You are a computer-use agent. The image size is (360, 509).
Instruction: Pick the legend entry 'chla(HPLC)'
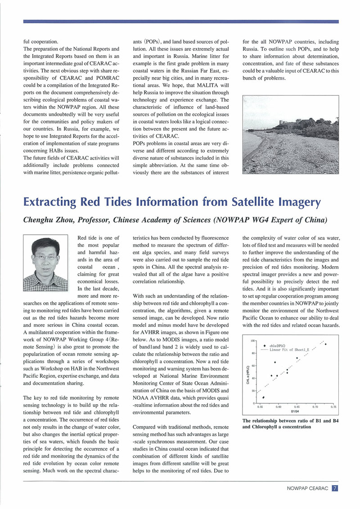click(279, 345)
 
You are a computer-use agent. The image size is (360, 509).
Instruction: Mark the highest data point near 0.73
click(325, 344)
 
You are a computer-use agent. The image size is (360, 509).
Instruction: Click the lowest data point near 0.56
click(263, 397)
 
